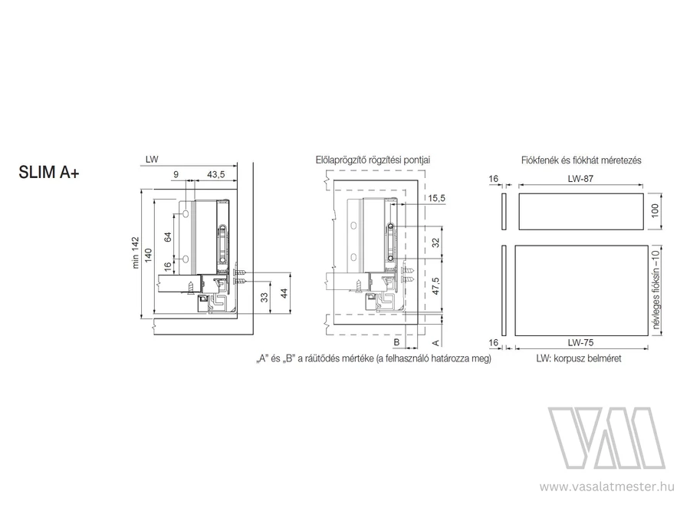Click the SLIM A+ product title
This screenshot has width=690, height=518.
click(49, 172)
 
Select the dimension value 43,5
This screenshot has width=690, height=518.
click(215, 174)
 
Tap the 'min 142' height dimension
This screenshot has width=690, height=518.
click(135, 252)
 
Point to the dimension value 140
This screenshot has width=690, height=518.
click(149, 256)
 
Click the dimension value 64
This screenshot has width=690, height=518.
click(168, 237)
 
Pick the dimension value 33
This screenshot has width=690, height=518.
click(264, 298)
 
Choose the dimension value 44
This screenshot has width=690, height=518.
click(284, 293)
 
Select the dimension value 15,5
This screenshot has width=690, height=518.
click(436, 198)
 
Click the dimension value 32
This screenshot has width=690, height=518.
click(435, 243)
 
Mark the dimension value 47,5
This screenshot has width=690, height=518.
click(435, 286)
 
